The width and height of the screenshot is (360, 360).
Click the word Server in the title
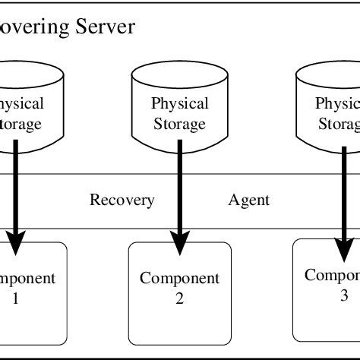(x=106, y=28)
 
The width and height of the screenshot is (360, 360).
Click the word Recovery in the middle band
(x=122, y=201)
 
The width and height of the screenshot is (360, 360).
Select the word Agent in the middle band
(x=249, y=201)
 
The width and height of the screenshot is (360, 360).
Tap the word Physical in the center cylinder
(x=180, y=104)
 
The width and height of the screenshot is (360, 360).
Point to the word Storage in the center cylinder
(x=180, y=124)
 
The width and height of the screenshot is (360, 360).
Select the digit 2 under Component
(x=179, y=298)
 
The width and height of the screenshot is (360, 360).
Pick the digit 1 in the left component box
(x=15, y=298)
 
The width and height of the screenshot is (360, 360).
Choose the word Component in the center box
(x=179, y=279)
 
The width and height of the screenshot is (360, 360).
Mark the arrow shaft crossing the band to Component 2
(x=180, y=201)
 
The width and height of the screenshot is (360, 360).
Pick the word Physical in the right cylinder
(x=337, y=104)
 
